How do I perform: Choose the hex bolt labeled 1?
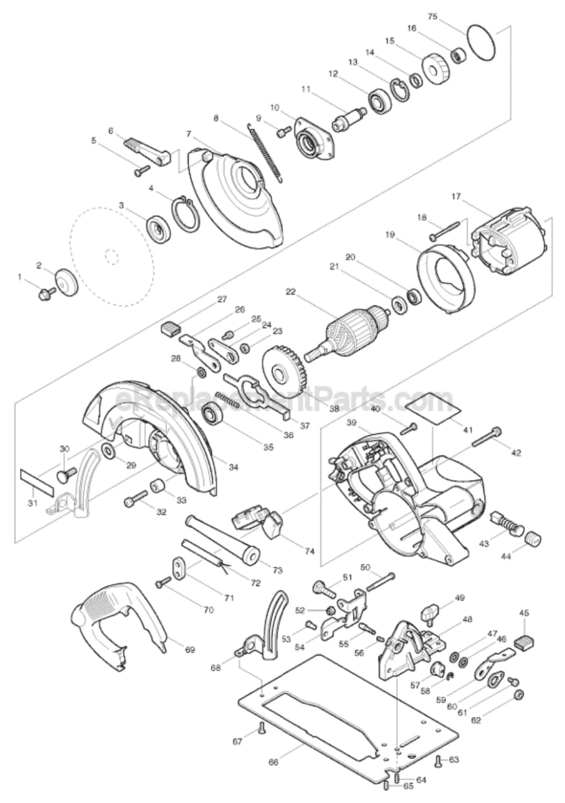pyautogui.click(x=45, y=292)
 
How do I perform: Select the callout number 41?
pyautogui.click(x=468, y=430)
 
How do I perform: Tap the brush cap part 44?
pyautogui.click(x=532, y=539)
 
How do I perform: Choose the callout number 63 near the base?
pyautogui.click(x=453, y=760)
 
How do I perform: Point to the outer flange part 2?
pyautogui.click(x=65, y=280)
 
